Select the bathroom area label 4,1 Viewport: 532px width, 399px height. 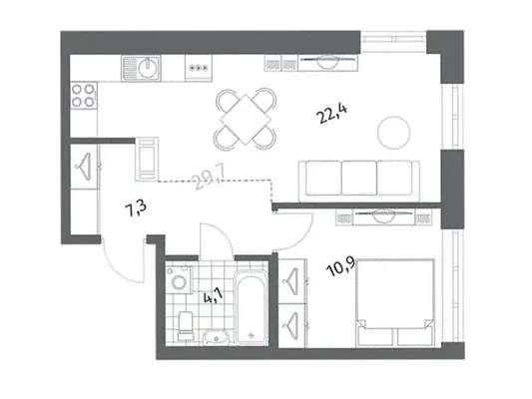point(213,297)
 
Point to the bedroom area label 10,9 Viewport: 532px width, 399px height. point(340,266)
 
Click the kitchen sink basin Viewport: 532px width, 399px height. point(149,67)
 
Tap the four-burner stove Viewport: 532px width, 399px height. point(83,95)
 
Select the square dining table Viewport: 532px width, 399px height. point(246,119)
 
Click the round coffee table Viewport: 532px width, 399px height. point(394,133)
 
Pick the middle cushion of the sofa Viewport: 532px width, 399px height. point(359,178)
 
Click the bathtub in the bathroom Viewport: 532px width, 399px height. point(251,307)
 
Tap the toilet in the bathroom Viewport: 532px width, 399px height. point(186,325)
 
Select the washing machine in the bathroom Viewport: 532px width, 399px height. point(179,279)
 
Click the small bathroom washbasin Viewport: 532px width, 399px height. point(217,337)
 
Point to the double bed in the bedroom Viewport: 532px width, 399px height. point(395,302)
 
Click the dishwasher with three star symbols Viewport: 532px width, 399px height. point(199,68)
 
